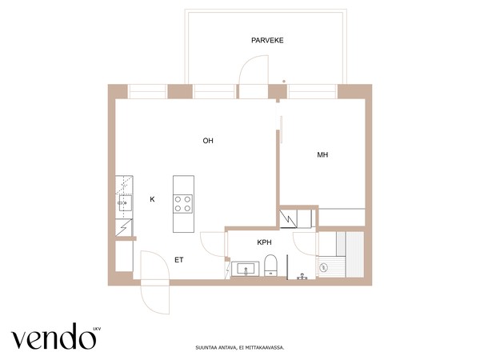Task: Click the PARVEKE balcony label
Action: click(x=267, y=41)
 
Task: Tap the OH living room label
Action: click(x=208, y=141)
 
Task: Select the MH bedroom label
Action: click(x=322, y=155)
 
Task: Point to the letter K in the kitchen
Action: click(x=152, y=199)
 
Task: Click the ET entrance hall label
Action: click(x=179, y=260)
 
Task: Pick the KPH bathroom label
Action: click(x=264, y=242)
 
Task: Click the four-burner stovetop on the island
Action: click(x=183, y=204)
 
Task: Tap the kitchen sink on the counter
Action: click(x=126, y=203)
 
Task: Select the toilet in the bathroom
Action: click(x=270, y=265)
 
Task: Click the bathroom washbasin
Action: click(x=246, y=269)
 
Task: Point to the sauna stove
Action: click(x=323, y=267)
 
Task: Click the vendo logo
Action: click(x=54, y=336)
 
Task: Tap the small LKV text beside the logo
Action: click(x=97, y=330)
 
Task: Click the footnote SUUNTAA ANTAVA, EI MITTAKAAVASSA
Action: click(x=240, y=348)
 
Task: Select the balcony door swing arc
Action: click(x=253, y=70)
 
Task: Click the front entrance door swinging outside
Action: click(x=155, y=298)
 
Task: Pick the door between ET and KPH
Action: click(x=213, y=244)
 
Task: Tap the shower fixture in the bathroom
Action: click(x=302, y=277)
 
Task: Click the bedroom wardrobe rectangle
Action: click(x=342, y=218)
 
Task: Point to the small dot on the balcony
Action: click(x=284, y=82)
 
